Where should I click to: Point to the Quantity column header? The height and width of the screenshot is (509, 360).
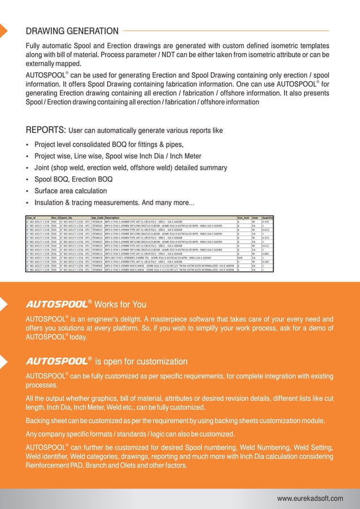(267, 216)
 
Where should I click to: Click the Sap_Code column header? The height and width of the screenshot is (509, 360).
(96, 216)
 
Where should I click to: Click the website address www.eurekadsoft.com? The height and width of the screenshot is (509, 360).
(310, 498)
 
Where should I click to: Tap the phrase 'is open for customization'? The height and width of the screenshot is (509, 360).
(141, 361)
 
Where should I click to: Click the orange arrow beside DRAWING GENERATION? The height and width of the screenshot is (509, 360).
(3, 31)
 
